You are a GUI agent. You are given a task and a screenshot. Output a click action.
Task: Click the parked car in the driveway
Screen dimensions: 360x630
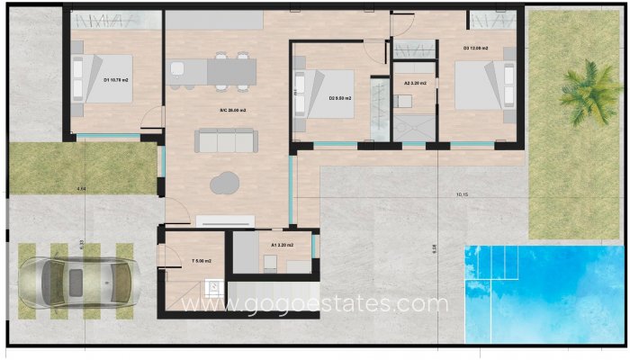pos(76,278)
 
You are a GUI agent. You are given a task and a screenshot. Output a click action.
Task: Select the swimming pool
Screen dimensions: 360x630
pos(544,292)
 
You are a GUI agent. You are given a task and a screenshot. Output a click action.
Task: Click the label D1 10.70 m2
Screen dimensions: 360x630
pos(116,80)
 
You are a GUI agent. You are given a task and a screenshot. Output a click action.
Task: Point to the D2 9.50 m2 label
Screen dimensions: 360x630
pos(339,98)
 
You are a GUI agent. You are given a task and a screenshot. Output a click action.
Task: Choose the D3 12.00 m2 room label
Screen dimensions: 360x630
pos(476,48)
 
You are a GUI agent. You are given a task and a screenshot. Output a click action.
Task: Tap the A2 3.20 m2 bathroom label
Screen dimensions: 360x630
pos(415,83)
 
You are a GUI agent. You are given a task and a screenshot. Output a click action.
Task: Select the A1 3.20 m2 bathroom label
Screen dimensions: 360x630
pos(283,244)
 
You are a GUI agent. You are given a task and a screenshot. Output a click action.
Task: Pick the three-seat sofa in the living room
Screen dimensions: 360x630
pos(227,140)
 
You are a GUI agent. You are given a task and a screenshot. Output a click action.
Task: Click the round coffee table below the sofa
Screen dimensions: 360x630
pos(223,184)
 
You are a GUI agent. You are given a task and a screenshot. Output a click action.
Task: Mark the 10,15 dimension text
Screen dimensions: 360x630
pos(463,194)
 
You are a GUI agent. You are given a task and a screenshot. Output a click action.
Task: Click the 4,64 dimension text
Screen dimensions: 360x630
pos(81,188)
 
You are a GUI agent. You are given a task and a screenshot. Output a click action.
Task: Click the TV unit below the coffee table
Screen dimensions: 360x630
pos(226,220)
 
